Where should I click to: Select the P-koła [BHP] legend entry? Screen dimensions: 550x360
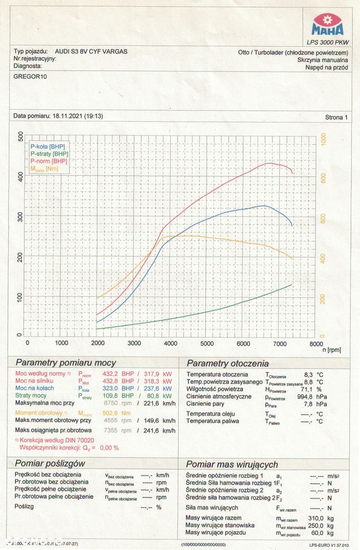(48, 147)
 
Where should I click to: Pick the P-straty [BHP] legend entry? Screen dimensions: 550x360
(49, 155)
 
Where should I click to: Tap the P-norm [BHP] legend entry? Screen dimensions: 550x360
(49, 162)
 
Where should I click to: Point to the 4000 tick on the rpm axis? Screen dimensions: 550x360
(170, 343)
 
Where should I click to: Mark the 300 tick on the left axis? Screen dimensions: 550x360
(20, 216)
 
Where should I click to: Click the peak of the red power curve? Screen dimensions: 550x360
(269, 163)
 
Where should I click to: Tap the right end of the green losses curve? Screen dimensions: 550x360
(291, 284)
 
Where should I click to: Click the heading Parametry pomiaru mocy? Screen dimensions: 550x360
(65, 363)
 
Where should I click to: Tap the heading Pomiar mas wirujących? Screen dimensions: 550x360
(232, 464)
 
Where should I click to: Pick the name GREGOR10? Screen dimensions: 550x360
(30, 76)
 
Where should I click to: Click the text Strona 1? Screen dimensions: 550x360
(336, 117)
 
